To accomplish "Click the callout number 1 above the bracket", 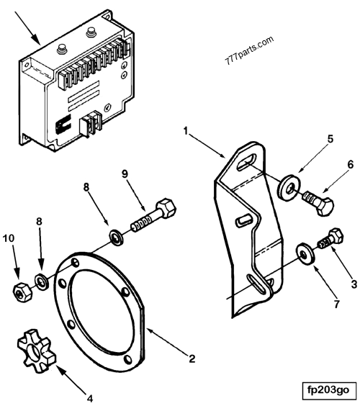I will (185, 132).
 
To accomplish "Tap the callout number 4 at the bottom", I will (89, 397).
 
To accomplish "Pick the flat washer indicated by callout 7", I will (305, 253).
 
